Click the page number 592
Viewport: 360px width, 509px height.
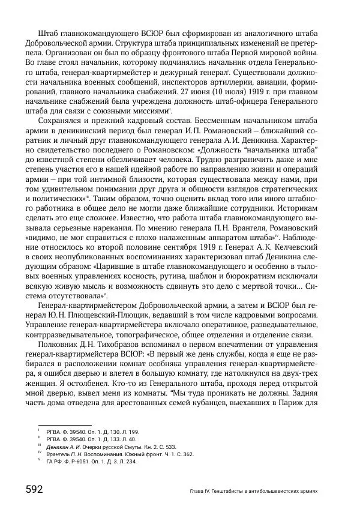(x=34, y=489)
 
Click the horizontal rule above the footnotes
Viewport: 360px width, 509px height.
(x=64, y=426)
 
